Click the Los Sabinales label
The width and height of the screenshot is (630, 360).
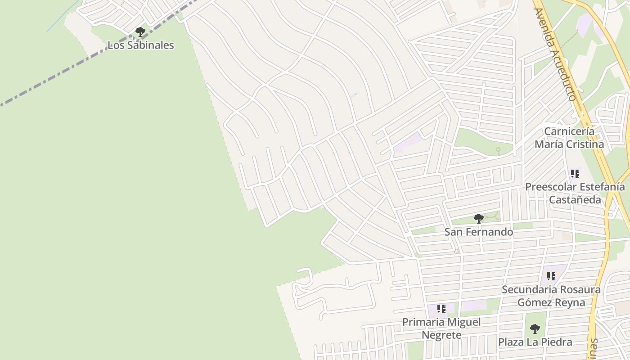(x=140, y=45)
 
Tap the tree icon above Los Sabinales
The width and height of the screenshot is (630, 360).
(x=140, y=32)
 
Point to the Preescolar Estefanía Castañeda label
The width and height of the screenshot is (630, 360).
(x=575, y=193)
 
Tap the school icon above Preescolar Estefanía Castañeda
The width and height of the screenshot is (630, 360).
(x=575, y=173)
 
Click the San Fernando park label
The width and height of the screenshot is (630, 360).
(x=479, y=232)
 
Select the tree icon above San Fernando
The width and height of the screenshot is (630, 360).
(x=479, y=219)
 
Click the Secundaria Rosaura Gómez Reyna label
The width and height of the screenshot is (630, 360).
(x=551, y=296)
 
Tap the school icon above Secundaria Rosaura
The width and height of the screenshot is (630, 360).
(x=551, y=276)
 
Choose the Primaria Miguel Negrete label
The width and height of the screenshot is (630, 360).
(x=441, y=328)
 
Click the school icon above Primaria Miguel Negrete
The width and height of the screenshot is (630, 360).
(x=441, y=309)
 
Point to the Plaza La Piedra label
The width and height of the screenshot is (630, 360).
(x=535, y=342)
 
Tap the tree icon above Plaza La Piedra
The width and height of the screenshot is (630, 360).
(x=535, y=329)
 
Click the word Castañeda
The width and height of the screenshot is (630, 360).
(x=575, y=199)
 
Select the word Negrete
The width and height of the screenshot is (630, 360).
(x=441, y=335)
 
